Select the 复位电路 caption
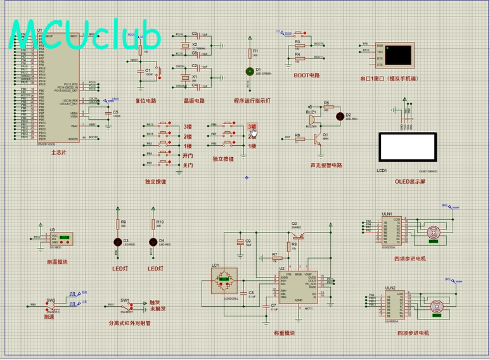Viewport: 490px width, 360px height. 145,101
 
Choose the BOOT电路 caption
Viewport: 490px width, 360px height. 307,75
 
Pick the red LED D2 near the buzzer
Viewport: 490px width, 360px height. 340,115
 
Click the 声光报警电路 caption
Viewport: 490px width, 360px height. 326,165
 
